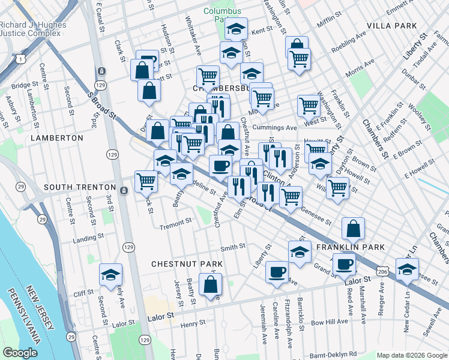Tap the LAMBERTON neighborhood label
click(x=55, y=138)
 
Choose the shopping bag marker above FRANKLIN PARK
click(x=354, y=228)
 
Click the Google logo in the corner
click(x=19, y=353)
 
